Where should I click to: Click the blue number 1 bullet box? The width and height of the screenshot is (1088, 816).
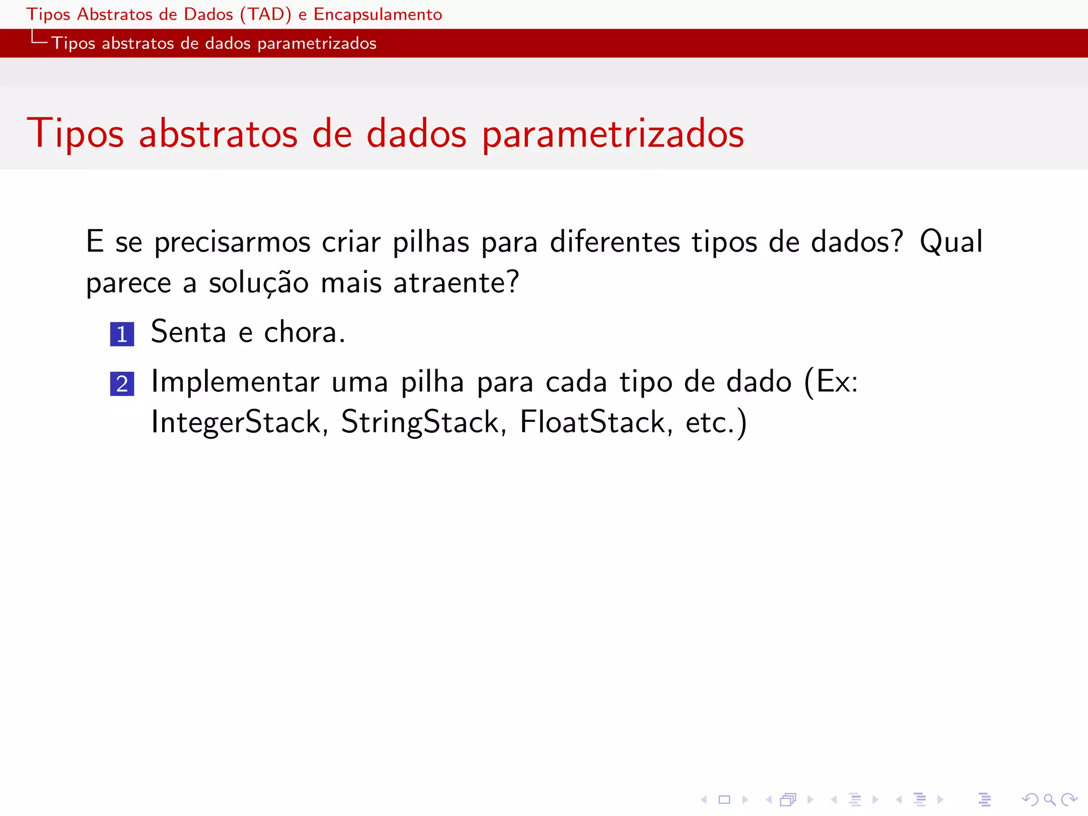122,334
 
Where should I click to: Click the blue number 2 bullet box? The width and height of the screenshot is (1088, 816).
122,384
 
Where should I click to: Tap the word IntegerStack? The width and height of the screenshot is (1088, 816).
236,422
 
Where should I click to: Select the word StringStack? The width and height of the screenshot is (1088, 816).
420,422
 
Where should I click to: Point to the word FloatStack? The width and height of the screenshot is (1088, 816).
592,422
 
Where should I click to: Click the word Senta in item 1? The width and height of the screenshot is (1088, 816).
189,332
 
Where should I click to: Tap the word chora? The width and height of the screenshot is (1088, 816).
304,332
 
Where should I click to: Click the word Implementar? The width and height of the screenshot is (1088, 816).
235,381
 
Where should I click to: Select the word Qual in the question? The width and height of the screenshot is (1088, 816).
951,242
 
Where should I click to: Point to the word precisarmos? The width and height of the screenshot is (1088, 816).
232,242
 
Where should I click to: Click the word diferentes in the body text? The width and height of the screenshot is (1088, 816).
615,242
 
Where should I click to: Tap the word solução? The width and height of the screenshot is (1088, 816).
258,283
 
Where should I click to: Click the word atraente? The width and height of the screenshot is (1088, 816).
455,283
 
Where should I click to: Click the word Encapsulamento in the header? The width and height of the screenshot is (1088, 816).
378,14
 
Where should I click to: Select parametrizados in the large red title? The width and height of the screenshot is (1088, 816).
613,134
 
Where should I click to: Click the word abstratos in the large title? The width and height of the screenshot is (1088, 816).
218,134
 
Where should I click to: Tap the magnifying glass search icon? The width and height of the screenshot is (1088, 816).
1049,799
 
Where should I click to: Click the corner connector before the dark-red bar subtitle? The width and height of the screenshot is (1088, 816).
39,38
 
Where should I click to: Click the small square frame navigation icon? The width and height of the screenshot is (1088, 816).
725,799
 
